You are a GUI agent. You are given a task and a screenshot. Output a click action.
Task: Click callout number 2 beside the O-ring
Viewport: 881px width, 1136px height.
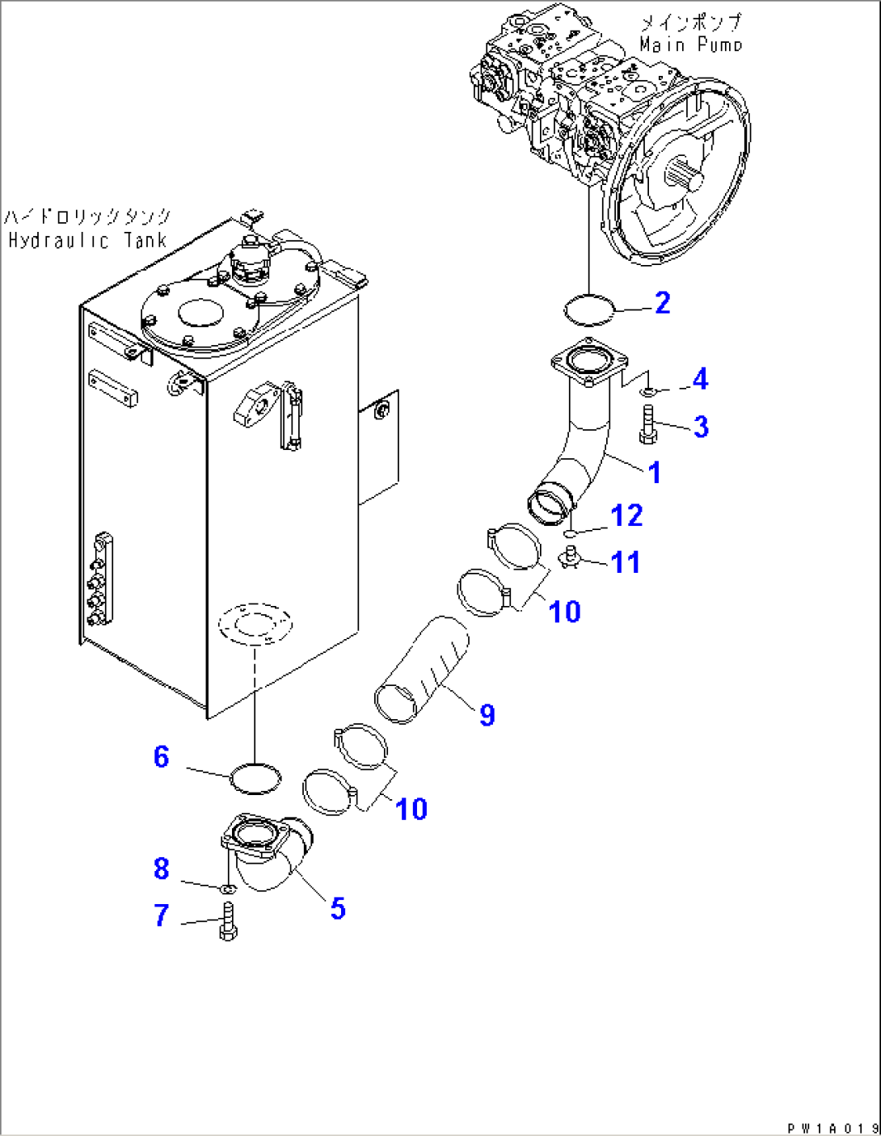[662, 304]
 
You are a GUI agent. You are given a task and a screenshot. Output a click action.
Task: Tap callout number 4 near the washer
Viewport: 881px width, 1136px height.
[700, 379]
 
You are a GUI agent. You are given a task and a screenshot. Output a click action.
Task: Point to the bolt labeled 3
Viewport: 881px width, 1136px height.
[648, 426]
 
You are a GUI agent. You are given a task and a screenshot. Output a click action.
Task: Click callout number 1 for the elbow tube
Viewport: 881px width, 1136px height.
[655, 473]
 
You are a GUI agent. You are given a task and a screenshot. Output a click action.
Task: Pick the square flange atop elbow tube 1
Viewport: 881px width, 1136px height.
[588, 367]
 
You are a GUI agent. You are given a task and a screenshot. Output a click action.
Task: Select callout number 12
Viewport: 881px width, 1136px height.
[626, 515]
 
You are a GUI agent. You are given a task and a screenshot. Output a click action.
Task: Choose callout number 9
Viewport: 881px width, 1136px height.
[487, 715]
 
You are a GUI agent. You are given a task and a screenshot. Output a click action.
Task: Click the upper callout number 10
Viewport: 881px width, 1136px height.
[564, 612]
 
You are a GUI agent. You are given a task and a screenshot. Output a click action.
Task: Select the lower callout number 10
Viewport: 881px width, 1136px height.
[411, 809]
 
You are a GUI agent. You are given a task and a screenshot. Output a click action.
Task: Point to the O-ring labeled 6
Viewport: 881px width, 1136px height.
[255, 779]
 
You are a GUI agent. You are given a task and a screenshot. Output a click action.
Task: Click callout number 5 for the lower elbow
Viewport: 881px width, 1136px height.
[338, 909]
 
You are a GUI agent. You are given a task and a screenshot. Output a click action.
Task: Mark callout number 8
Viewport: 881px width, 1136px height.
[162, 869]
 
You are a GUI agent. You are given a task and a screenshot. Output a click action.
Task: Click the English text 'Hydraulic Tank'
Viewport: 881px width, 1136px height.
[87, 241]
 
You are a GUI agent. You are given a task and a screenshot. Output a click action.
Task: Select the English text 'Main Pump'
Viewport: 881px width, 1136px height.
[690, 45]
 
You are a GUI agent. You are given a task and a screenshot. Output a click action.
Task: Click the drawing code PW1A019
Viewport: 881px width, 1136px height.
[832, 1128]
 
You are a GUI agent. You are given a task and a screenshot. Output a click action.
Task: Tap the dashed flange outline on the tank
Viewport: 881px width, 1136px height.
[255, 623]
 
